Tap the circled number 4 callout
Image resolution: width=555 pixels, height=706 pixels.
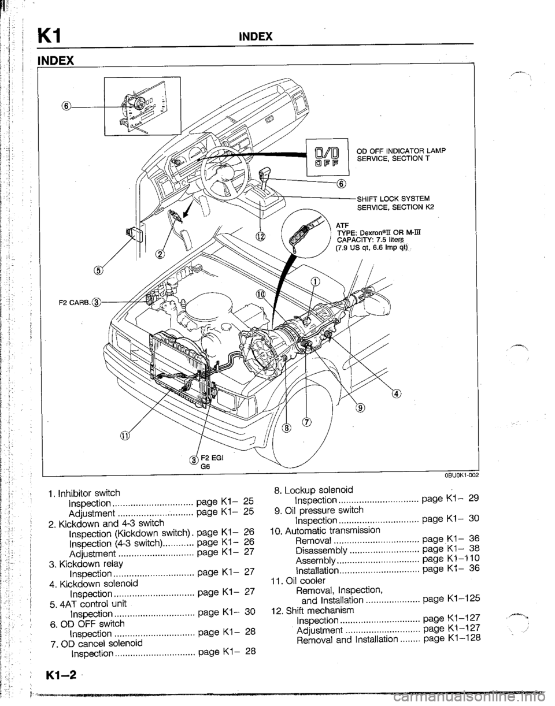[396, 394]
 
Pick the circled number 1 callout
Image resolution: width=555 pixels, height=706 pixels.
[316, 282]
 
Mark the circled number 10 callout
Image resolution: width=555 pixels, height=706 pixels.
[261, 294]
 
